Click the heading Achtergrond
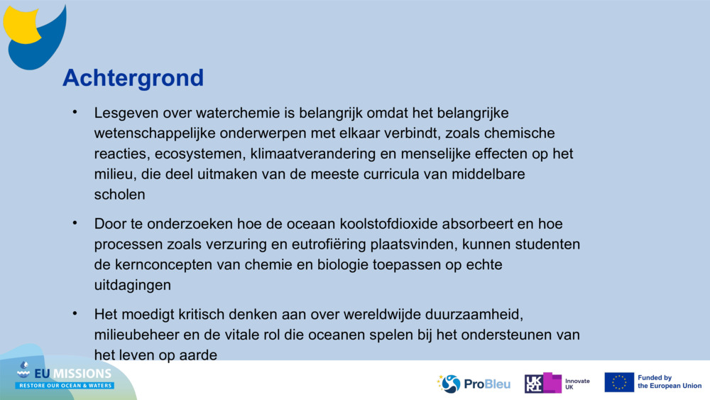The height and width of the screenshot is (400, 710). click(133, 77)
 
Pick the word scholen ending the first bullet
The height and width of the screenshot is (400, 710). click(120, 194)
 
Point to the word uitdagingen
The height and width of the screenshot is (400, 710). click(133, 285)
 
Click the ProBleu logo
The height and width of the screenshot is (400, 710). click(474, 384)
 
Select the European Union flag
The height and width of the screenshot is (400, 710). click(619, 382)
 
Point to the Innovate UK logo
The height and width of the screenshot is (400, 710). click(557, 384)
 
